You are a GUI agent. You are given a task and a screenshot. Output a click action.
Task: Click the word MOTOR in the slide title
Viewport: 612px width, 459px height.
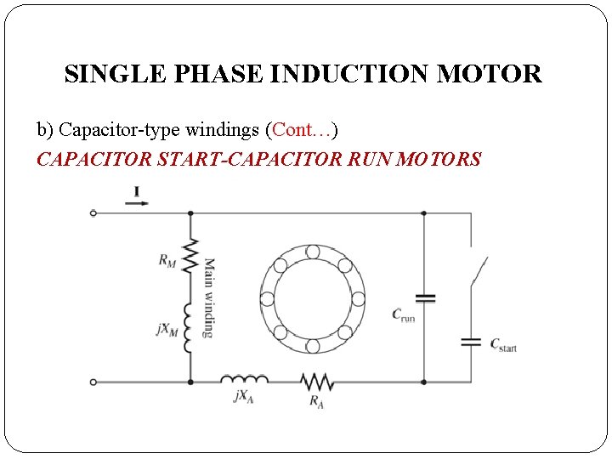[x=489, y=74]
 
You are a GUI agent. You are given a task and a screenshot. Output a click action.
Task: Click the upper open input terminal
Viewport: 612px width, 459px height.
[x=93, y=213]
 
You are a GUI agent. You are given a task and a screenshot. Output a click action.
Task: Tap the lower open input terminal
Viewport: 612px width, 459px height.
[x=93, y=382]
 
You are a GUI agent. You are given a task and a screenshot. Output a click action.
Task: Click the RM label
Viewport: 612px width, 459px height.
[x=167, y=261]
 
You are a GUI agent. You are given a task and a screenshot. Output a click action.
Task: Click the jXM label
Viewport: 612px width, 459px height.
[x=167, y=328]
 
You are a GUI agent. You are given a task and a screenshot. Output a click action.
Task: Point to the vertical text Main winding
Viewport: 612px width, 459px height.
[x=209, y=297]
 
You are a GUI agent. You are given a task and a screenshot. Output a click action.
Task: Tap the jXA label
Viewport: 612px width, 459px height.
[x=244, y=397]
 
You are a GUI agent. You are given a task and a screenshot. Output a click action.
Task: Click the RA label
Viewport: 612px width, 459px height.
[x=315, y=399]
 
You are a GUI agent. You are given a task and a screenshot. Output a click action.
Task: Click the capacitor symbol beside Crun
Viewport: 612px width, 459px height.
[x=424, y=298]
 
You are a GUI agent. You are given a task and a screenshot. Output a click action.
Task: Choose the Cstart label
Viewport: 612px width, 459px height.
[x=502, y=344]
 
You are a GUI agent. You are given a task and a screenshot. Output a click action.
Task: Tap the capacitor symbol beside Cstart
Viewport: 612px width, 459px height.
[x=470, y=342]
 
